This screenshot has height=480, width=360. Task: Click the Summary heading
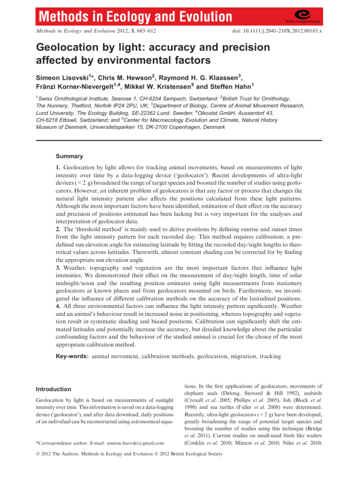pos(70,156)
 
